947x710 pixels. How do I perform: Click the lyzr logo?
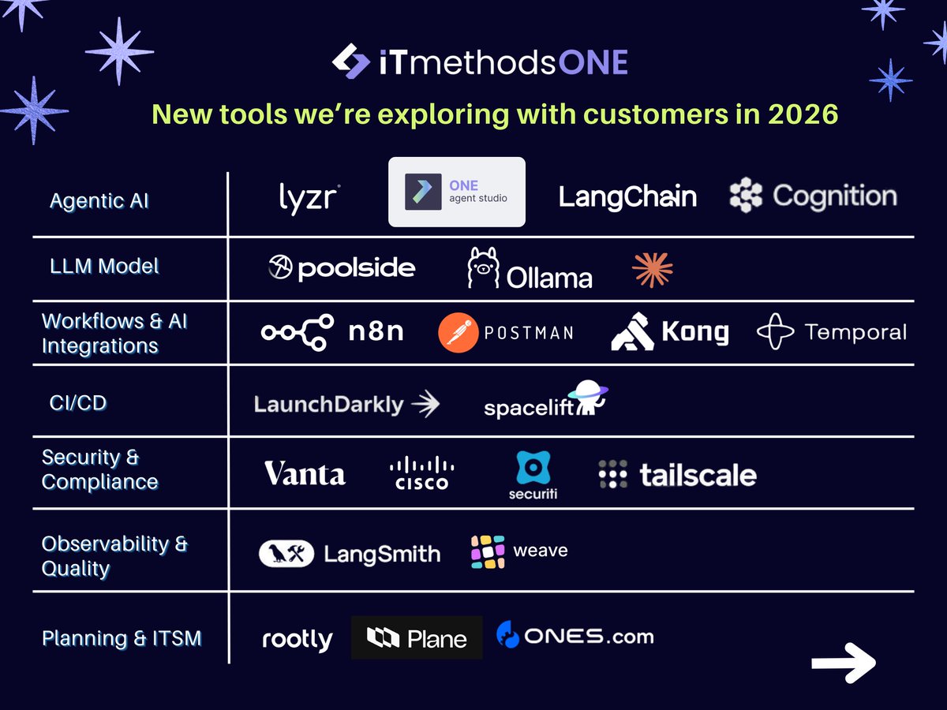click(309, 197)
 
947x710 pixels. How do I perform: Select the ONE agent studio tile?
click(456, 192)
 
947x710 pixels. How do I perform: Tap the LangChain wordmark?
click(627, 196)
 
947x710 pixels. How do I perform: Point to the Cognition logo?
click(813, 196)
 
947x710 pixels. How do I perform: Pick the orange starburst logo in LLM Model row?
click(653, 270)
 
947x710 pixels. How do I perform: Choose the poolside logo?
click(342, 268)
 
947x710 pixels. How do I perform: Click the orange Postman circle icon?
click(459, 332)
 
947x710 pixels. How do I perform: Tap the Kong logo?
click(669, 332)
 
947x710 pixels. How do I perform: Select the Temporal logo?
click(832, 332)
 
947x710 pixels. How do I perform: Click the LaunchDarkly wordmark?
click(328, 405)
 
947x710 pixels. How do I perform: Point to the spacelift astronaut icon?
click(588, 397)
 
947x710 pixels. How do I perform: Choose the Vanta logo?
click(305, 474)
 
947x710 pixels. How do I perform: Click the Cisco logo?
click(421, 473)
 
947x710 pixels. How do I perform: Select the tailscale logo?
click(677, 475)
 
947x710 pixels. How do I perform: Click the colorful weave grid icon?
click(488, 551)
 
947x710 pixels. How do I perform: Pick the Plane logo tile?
click(417, 637)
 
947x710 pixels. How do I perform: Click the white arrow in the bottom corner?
click(844, 662)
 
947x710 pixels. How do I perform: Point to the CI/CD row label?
click(78, 402)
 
